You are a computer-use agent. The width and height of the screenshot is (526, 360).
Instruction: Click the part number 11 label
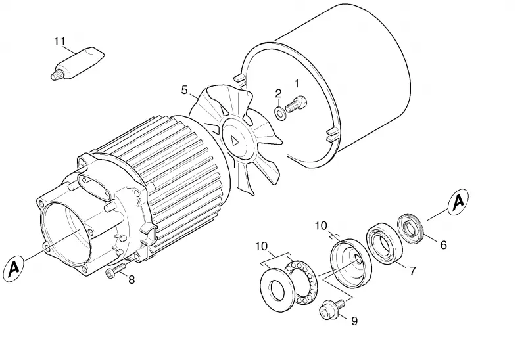pyautogui.click(x=60, y=41)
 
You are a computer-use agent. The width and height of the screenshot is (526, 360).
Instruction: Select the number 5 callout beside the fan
pyautogui.click(x=185, y=90)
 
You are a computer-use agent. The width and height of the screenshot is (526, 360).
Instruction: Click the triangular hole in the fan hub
pyautogui.click(x=235, y=141)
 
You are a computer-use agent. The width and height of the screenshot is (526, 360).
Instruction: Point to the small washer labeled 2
pyautogui.click(x=280, y=112)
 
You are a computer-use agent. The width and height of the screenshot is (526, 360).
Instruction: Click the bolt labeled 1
pyautogui.click(x=297, y=104)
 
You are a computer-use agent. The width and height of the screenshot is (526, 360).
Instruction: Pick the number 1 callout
pyautogui.click(x=297, y=83)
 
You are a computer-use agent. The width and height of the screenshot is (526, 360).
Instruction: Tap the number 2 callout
pyautogui.click(x=278, y=93)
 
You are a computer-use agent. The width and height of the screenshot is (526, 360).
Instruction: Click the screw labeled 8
pyautogui.click(x=116, y=270)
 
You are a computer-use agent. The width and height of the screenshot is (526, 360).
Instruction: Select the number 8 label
pyautogui.click(x=131, y=279)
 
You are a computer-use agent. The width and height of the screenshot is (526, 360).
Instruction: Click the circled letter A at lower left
pyautogui.click(x=14, y=269)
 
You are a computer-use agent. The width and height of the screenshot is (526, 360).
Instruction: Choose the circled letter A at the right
pyautogui.click(x=458, y=202)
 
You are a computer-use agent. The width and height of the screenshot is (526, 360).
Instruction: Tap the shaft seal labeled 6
pyautogui.click(x=412, y=228)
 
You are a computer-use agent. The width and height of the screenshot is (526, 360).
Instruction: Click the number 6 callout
pyautogui.click(x=443, y=245)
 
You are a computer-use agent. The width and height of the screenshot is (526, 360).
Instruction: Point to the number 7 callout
pyautogui.click(x=412, y=271)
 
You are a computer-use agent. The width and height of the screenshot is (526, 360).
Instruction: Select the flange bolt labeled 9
pyautogui.click(x=332, y=309)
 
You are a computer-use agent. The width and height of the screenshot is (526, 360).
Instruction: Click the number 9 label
pyautogui.click(x=354, y=321)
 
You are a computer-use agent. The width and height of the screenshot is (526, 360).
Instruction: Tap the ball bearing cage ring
pyautogui.click(x=302, y=283)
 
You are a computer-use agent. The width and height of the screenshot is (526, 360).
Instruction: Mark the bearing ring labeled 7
pyautogui.click(x=384, y=243)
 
